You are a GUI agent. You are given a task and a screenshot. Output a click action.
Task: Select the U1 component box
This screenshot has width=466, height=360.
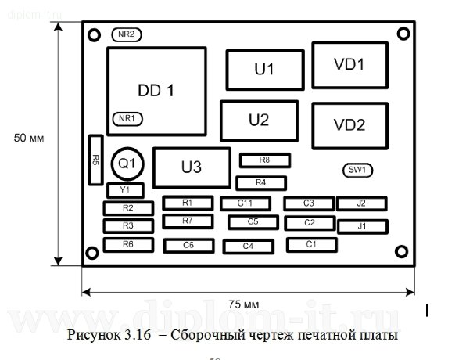(x=264, y=70)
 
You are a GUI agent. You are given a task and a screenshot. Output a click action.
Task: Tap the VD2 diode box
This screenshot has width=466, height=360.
(x=349, y=124)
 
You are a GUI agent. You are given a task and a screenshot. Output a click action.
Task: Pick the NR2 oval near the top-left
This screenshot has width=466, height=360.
(x=126, y=35)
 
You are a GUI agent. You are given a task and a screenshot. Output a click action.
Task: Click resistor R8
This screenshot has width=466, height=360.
(x=264, y=160)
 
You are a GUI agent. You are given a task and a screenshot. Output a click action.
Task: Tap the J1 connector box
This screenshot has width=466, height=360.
(x=362, y=226)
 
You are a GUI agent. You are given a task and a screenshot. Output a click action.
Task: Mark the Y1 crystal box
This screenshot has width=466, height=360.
(x=124, y=190)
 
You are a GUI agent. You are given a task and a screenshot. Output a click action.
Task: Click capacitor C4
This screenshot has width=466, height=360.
(x=248, y=247)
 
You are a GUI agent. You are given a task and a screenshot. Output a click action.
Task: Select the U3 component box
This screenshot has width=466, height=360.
(x=192, y=167)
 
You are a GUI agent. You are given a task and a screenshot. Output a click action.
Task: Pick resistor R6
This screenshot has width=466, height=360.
(x=127, y=245)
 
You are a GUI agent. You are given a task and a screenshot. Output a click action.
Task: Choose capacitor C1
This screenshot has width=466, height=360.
(x=310, y=244)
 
